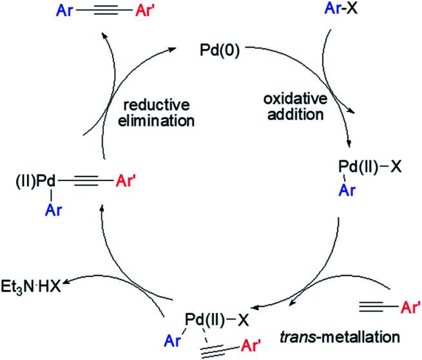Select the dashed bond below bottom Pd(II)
[207, 323]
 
